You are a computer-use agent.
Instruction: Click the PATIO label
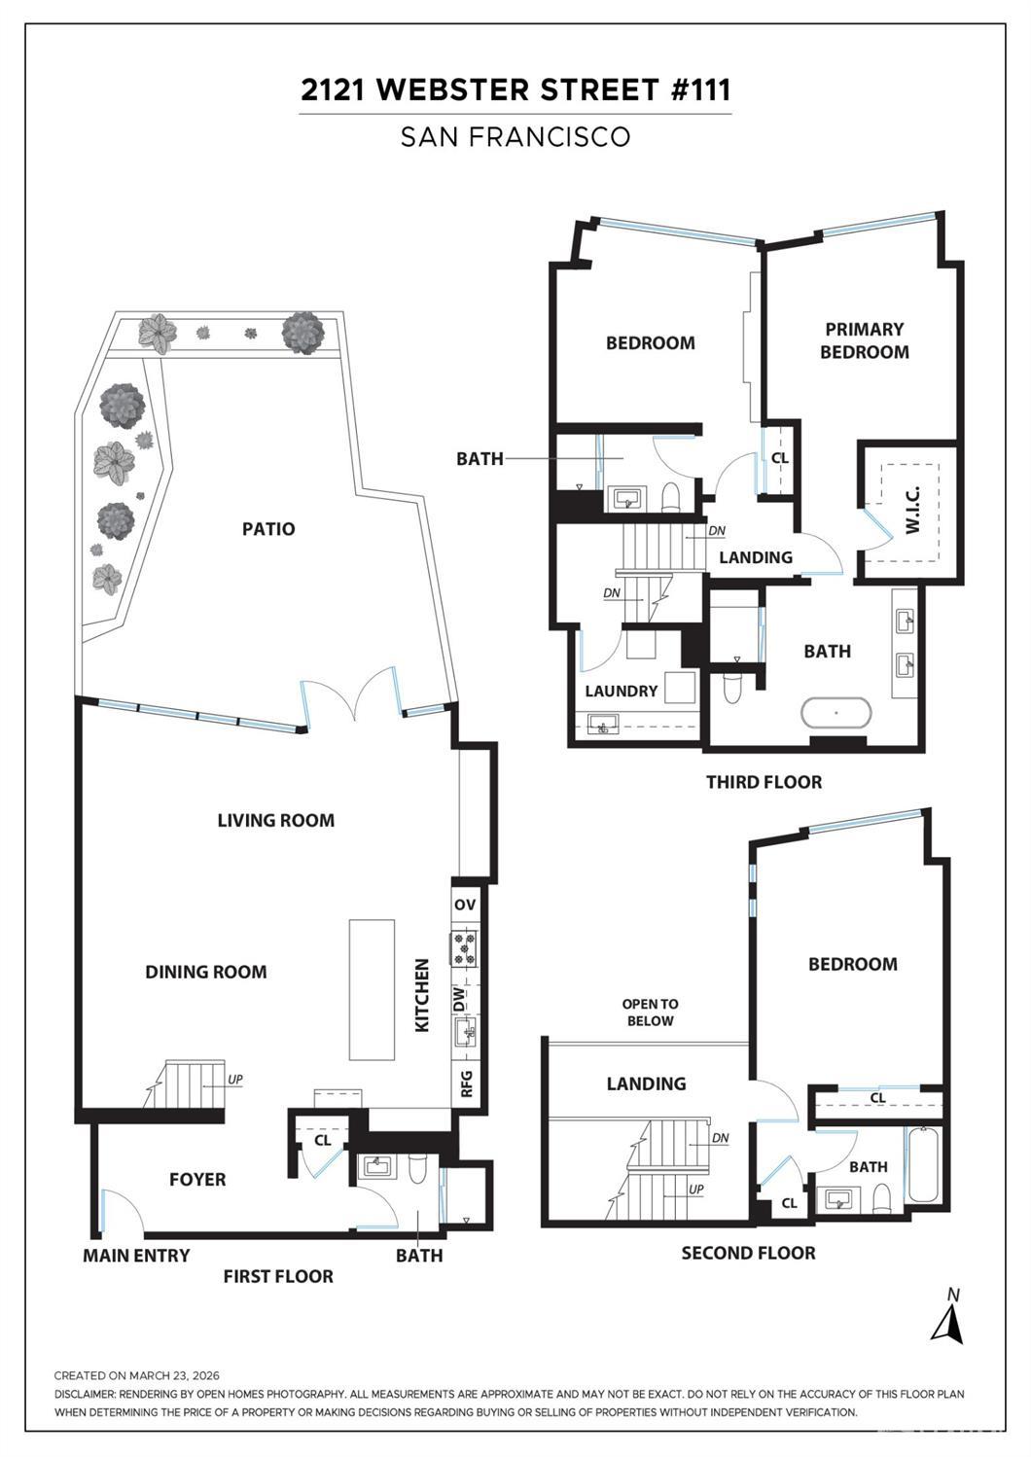click(x=268, y=529)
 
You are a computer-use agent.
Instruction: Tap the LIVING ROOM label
click(x=275, y=821)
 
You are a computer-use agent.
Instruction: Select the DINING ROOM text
click(x=205, y=972)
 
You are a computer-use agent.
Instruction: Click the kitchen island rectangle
click(x=372, y=989)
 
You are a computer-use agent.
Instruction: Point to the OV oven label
click(x=465, y=905)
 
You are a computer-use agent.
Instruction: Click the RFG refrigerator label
click(x=466, y=1083)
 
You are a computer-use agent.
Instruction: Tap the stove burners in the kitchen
click(x=464, y=948)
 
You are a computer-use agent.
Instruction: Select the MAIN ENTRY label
click(x=136, y=1256)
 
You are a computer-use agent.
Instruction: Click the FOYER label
click(x=197, y=1180)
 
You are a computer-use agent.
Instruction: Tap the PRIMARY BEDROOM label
click(x=864, y=341)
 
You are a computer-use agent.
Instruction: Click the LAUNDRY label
click(x=621, y=692)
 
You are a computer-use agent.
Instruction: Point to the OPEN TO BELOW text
click(x=650, y=1013)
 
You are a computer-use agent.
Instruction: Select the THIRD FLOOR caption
click(x=764, y=782)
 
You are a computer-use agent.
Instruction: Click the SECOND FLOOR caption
click(x=748, y=1254)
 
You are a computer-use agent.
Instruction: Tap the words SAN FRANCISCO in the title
click(x=515, y=137)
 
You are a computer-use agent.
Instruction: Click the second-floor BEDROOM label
click(x=852, y=965)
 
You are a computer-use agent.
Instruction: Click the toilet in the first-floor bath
click(x=417, y=1167)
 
